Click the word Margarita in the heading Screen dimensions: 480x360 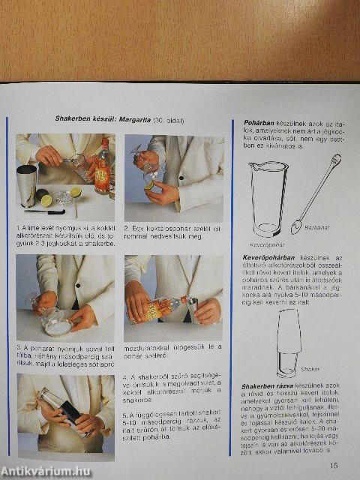[132, 120]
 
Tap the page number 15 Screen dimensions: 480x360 [333, 465]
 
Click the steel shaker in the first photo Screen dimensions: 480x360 [26, 187]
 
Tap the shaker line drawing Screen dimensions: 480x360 [289, 341]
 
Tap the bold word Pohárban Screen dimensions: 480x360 [262, 121]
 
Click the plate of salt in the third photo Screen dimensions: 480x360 [57, 325]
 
